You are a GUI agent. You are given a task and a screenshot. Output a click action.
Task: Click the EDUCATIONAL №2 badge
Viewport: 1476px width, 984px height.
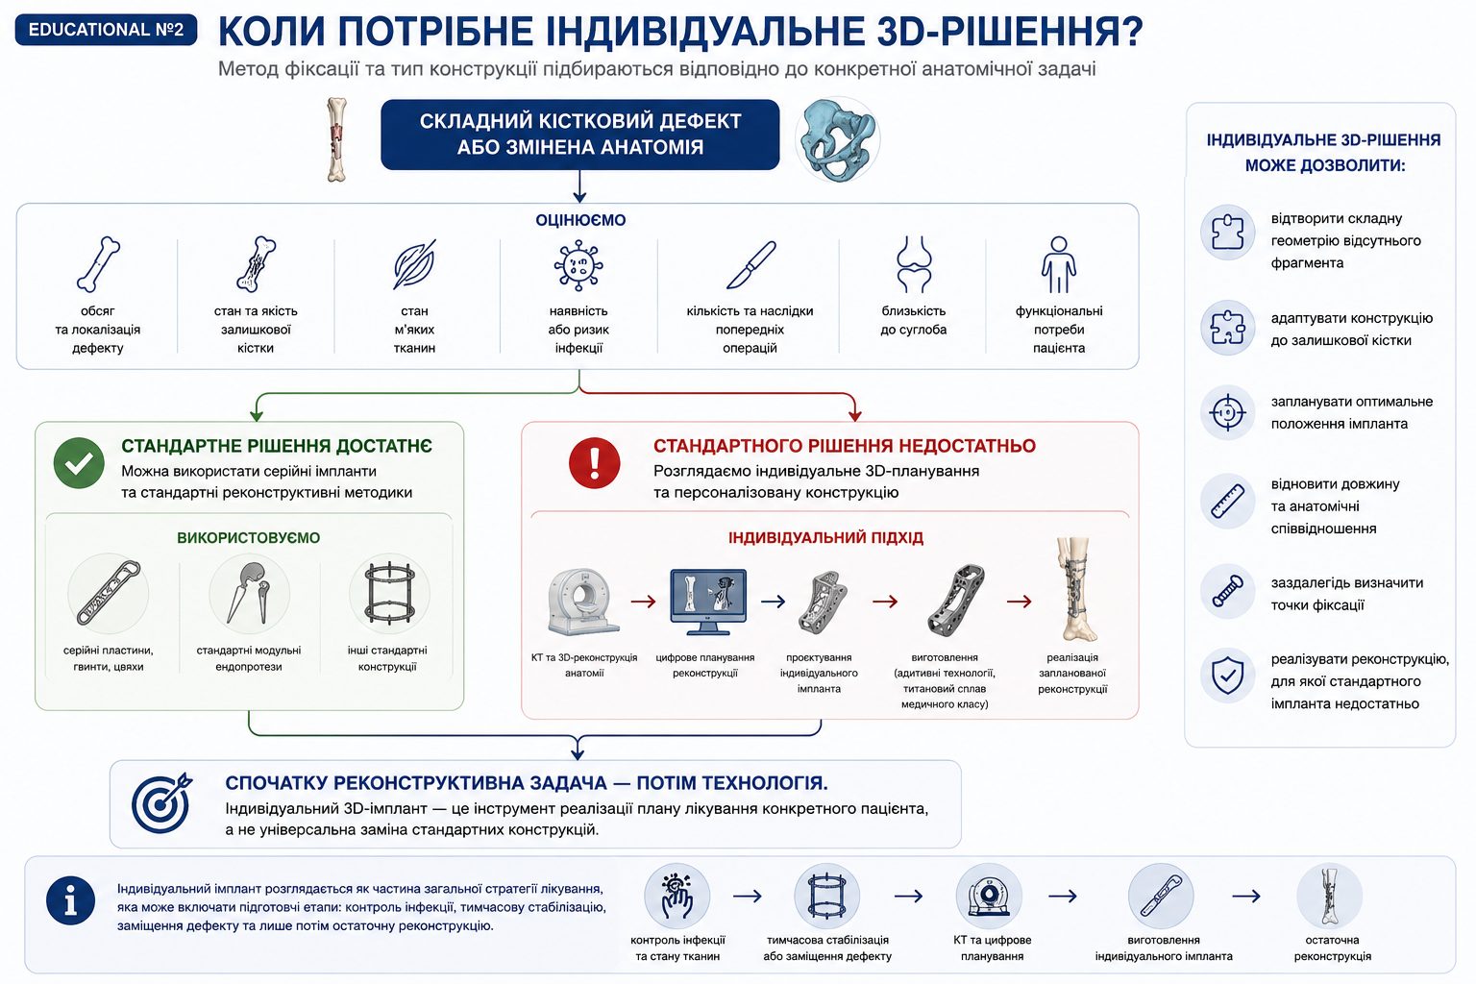pyautogui.click(x=106, y=30)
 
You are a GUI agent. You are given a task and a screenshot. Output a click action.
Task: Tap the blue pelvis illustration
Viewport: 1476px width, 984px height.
pyautogui.click(x=837, y=139)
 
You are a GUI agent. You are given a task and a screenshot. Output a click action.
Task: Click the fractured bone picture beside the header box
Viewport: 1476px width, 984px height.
pyautogui.click(x=336, y=139)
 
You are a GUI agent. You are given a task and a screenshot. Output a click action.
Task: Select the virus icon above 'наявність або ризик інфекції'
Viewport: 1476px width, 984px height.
pyautogui.click(x=578, y=265)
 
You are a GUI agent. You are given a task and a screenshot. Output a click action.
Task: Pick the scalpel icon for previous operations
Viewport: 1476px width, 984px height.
pyautogui.click(x=751, y=265)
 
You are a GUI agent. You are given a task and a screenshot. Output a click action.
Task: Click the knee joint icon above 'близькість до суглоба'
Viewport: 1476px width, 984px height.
pyautogui.click(x=914, y=264)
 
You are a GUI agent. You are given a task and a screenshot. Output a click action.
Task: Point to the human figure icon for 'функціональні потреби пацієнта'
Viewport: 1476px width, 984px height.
pyautogui.click(x=1058, y=264)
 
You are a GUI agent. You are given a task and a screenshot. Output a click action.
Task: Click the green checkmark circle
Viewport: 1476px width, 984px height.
pyautogui.click(x=79, y=462)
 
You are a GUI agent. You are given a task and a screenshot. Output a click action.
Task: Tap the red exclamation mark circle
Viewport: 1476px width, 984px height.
pyautogui.click(x=595, y=462)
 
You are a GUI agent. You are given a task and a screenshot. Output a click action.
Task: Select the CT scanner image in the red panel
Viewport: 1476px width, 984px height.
pyautogui.click(x=583, y=602)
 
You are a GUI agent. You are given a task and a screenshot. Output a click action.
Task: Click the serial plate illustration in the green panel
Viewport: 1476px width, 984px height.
pyautogui.click(x=108, y=593)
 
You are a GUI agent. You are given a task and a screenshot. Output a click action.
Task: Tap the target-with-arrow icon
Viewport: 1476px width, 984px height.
pyautogui.click(x=162, y=802)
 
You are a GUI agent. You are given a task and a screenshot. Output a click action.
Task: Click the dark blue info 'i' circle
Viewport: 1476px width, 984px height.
pyautogui.click(x=70, y=900)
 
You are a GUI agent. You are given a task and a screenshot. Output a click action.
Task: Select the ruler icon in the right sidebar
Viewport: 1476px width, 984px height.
pyautogui.click(x=1227, y=501)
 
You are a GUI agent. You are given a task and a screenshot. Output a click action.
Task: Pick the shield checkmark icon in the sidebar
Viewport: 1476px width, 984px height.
pyautogui.click(x=1227, y=676)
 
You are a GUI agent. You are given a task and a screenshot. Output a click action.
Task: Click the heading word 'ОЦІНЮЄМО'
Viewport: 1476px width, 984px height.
pyautogui.click(x=580, y=220)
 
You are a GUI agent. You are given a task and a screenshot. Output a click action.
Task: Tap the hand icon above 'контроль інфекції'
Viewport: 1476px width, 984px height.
pyautogui.click(x=677, y=896)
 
